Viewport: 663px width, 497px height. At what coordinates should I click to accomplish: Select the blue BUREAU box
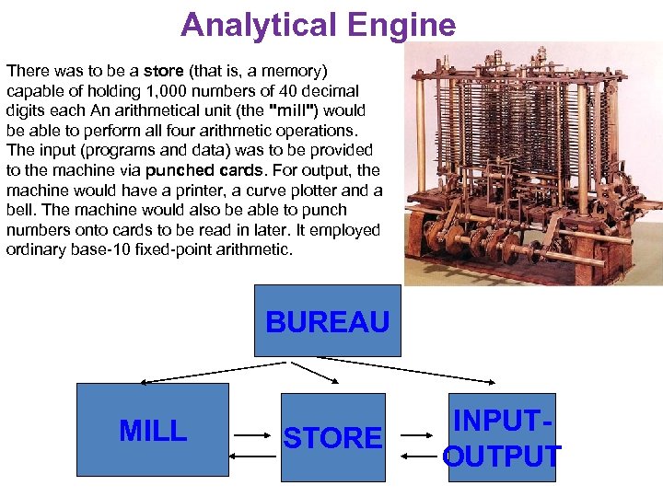coord(327,321)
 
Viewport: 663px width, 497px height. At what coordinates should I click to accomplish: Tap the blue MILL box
coord(152,430)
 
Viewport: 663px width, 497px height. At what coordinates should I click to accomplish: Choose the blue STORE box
coord(332,437)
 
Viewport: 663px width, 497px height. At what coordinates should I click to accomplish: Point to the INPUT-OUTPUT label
coord(501,439)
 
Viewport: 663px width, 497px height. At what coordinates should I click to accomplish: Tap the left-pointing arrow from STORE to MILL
coord(254,453)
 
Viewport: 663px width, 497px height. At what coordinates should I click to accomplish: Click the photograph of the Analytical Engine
coord(532,166)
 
